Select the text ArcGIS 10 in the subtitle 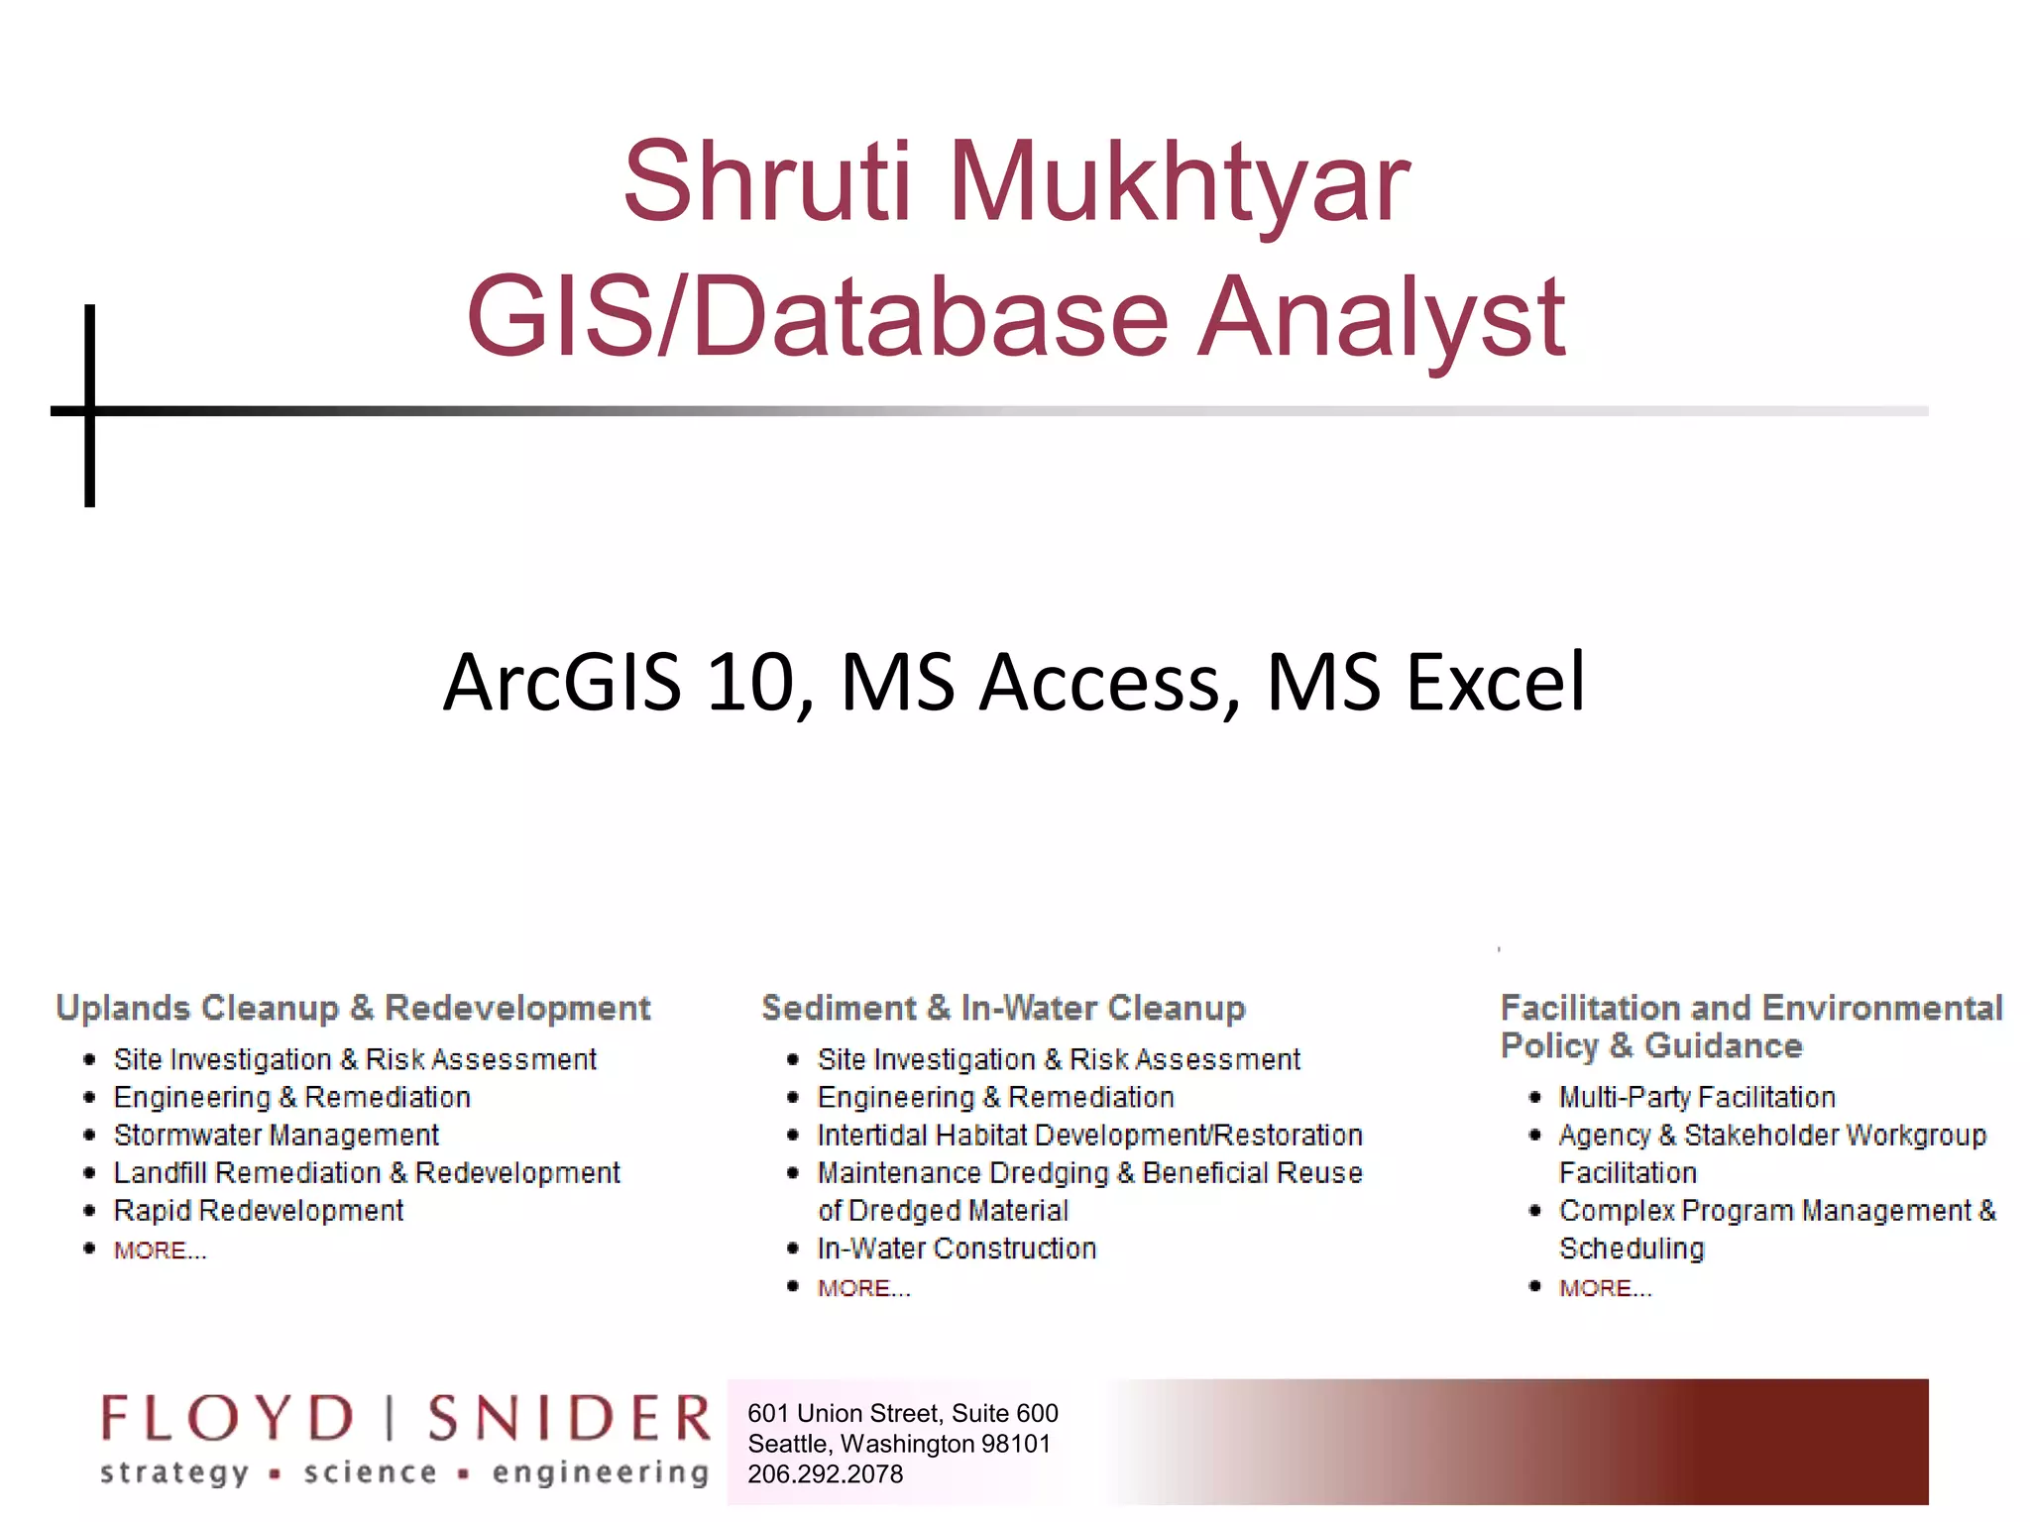click(620, 683)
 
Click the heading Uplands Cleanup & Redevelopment click(353, 1008)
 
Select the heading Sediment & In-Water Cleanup click(1003, 1008)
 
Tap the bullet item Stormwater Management click(276, 1135)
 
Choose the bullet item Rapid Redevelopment click(259, 1210)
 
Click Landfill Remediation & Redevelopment click(367, 1172)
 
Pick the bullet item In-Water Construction click(957, 1248)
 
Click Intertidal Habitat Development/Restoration click(1089, 1135)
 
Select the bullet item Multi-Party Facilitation click(1697, 1097)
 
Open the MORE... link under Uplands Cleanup click(160, 1250)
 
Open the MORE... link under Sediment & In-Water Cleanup click(863, 1288)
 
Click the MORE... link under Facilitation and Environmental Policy click(1605, 1288)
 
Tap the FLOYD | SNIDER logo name click(405, 1418)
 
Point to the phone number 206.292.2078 click(825, 1474)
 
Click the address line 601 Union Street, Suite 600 click(902, 1413)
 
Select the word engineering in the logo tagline click(601, 1473)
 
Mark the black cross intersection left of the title click(90, 410)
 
